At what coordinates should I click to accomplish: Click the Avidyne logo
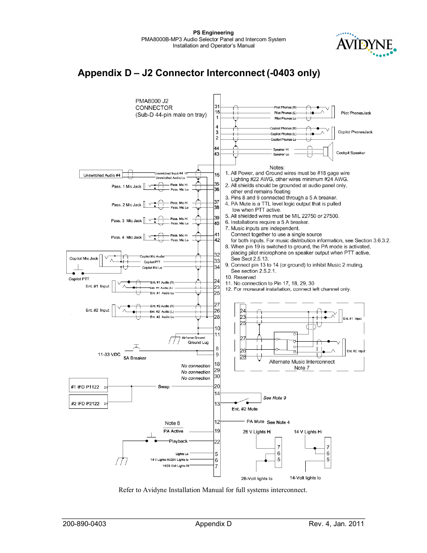coord(366,44)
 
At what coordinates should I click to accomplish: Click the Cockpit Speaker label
coord(350,153)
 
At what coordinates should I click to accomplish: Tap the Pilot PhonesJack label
coord(356,113)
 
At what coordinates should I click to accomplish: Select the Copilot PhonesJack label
coord(355,132)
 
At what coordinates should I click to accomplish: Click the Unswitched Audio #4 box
coord(102,175)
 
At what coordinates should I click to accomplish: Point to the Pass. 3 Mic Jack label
coord(126,221)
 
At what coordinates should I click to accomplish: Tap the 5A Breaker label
coord(135,358)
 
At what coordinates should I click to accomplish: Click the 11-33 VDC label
coord(109,354)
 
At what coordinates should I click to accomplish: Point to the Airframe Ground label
coord(193,338)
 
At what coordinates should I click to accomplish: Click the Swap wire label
coord(163,387)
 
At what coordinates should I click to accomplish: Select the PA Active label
coord(173,431)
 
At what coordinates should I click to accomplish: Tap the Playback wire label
coord(178,441)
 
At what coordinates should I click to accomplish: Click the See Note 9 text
coord(274,398)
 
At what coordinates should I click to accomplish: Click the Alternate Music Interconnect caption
coord(302,362)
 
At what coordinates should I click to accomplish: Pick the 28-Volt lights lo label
coord(256,479)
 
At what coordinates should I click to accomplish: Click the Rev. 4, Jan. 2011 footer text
coord(336,524)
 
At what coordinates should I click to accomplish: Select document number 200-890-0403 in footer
coord(85,524)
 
